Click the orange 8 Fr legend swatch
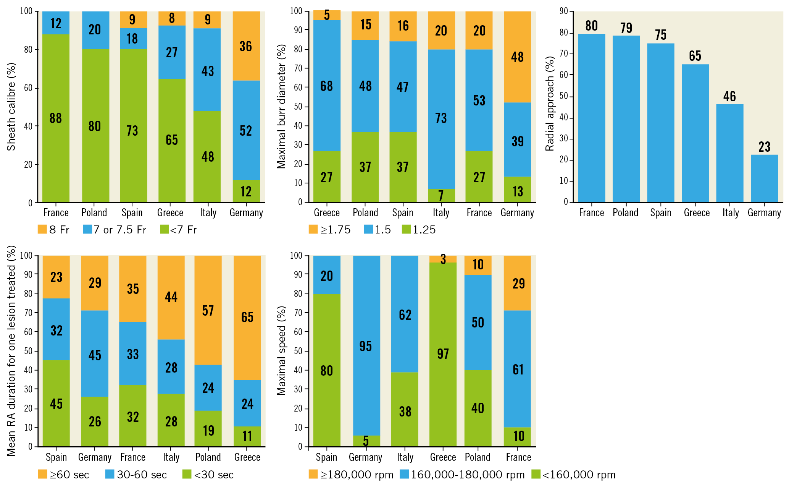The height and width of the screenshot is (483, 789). tap(42, 229)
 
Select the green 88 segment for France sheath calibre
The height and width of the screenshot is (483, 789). tap(56, 118)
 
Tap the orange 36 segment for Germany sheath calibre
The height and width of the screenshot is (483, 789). tap(246, 46)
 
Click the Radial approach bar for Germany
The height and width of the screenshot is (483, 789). tap(764, 178)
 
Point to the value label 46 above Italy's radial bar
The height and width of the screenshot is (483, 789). tap(729, 96)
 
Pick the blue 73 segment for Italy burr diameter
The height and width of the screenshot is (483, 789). tap(441, 119)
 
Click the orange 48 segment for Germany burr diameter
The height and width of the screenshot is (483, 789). tap(517, 57)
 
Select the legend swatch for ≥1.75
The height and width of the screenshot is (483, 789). tap(313, 229)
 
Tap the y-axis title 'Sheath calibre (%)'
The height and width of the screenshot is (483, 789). tap(11, 107)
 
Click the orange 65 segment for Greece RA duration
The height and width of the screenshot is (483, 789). tap(247, 317)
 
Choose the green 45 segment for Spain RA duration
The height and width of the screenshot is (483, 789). tap(56, 404)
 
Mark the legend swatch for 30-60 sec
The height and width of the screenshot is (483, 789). tap(110, 474)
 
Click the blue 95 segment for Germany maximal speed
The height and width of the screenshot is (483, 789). tap(366, 345)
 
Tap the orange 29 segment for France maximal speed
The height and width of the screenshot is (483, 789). tap(517, 283)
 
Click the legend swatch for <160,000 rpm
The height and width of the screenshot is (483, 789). tap(536, 474)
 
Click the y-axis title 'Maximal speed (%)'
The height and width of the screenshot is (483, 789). tap(281, 350)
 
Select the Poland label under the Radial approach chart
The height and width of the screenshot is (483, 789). tap(625, 213)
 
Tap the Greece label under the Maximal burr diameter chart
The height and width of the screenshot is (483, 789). tap(326, 213)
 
